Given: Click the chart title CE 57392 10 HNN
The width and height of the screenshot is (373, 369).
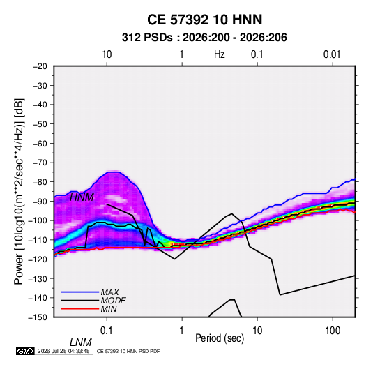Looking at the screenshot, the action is coord(204,20).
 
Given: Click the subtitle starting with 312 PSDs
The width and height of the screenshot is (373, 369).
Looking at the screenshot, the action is coord(204,38).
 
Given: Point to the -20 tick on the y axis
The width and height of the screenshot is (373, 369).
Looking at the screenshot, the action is coord(40,66).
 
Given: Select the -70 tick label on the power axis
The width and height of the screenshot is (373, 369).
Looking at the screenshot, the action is coord(40,163).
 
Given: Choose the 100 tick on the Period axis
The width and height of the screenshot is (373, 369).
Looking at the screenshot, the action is coord(333,331).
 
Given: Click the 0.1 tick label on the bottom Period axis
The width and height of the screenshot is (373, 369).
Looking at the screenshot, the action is coord(107,331).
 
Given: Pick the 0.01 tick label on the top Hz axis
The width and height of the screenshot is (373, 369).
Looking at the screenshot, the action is coord(332,54).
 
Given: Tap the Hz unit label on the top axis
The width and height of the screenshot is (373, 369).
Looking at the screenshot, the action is coord(220,54).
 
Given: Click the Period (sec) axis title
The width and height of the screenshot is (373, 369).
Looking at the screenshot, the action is coord(220,338).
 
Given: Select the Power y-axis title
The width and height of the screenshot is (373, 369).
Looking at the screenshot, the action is coord(19,192).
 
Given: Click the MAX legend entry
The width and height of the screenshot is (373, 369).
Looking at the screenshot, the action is coord(110,292).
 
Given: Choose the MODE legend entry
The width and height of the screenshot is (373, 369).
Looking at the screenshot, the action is coord(113,301).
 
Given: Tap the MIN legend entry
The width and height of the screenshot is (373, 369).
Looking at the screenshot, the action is coord(109,309).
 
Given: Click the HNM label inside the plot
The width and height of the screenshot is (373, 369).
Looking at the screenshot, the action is coord(82,197).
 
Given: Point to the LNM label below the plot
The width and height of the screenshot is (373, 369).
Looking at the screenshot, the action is coord(81,342).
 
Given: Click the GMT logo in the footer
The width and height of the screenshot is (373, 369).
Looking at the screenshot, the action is coord(25,351).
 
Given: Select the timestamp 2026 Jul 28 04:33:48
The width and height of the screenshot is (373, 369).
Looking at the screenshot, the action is coord(63,351).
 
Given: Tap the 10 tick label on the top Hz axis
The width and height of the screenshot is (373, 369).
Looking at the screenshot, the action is coord(107,54).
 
